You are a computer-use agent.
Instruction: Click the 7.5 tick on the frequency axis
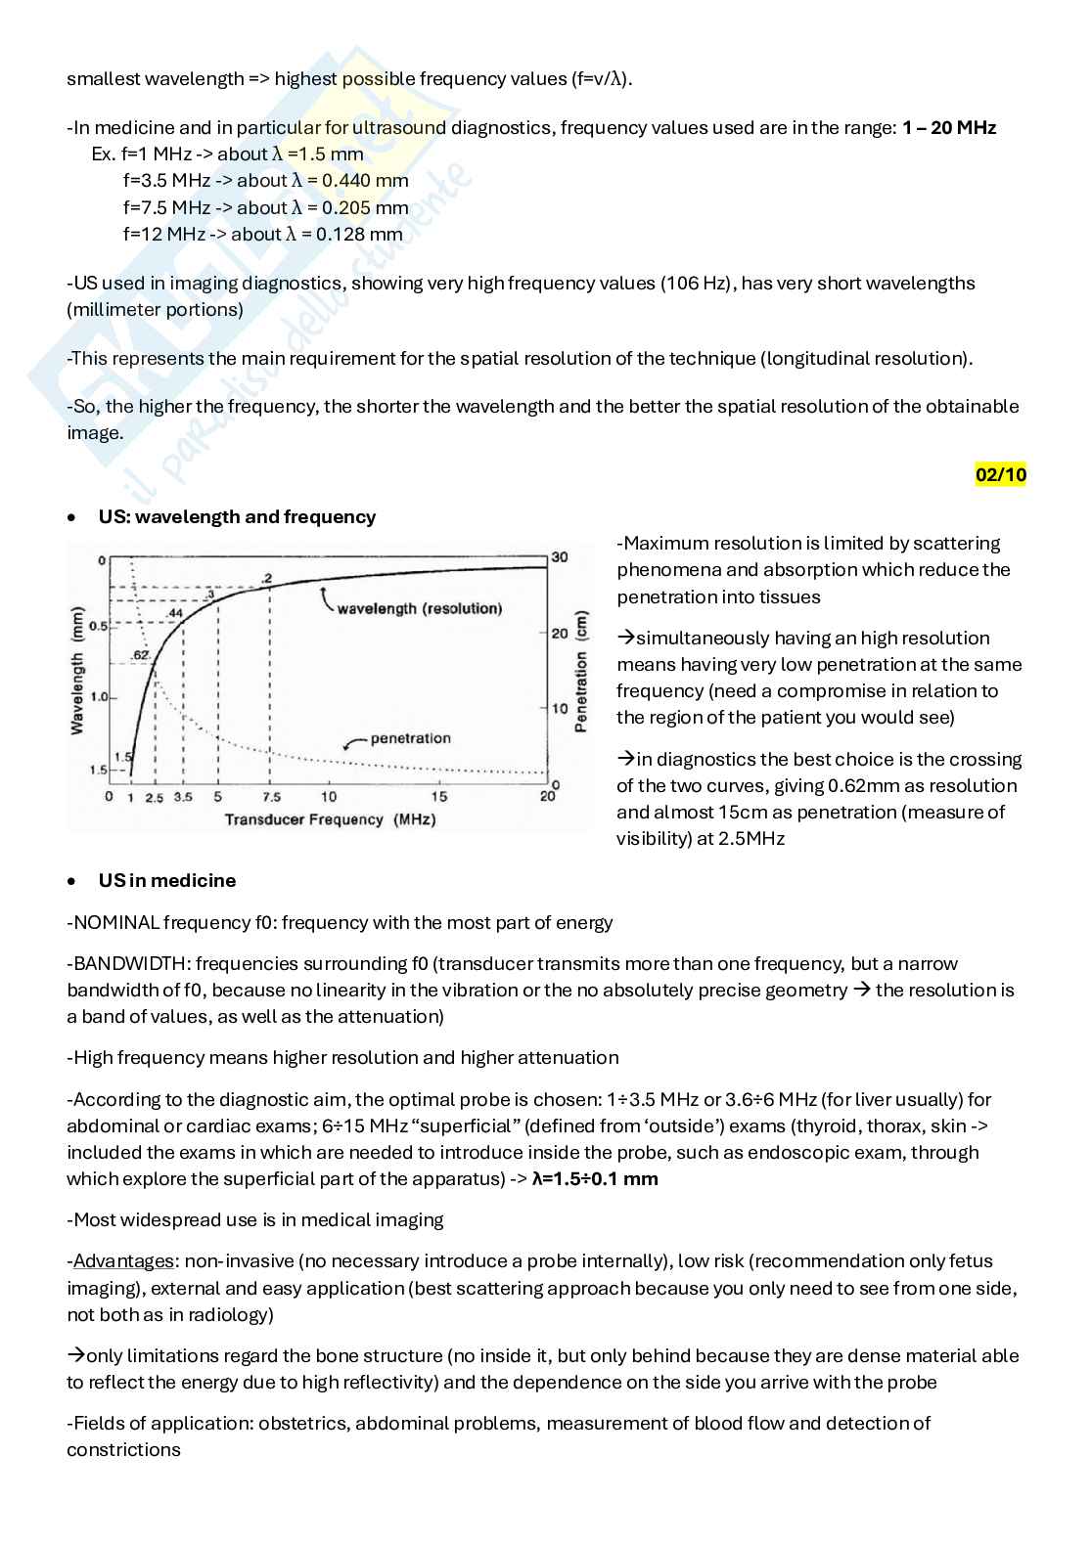tap(271, 797)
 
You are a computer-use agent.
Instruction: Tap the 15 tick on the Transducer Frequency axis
tap(440, 797)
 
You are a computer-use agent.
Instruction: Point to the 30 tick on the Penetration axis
tap(559, 557)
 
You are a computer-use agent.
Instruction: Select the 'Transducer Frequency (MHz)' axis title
tap(330, 819)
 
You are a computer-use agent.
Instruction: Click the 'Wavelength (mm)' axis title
tap(77, 669)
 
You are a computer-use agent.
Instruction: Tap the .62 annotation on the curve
tap(140, 654)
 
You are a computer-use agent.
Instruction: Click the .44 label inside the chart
tap(175, 613)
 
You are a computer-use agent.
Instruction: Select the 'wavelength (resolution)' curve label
tap(419, 608)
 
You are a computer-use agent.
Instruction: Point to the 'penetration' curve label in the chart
tap(410, 738)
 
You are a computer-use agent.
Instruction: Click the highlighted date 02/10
tap(1000, 475)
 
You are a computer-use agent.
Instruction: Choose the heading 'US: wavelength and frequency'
tap(237, 516)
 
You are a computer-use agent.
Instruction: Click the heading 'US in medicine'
tap(167, 880)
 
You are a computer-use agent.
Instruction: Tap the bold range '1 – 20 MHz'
tap(949, 127)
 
